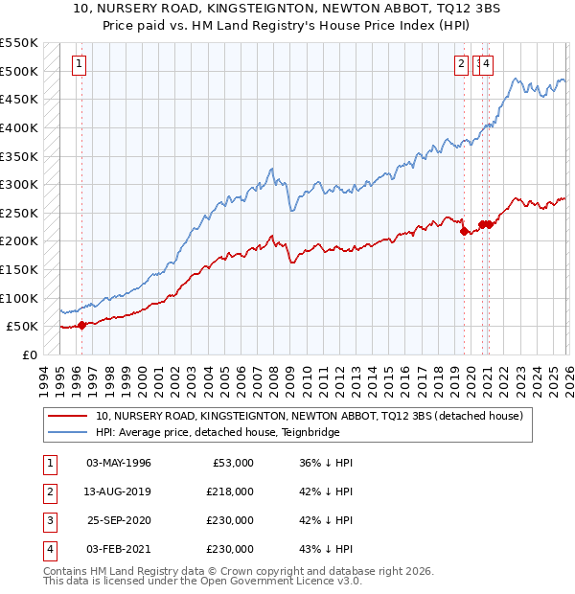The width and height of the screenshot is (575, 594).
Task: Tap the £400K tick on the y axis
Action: point(18,127)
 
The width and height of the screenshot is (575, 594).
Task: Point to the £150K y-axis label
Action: point(18,269)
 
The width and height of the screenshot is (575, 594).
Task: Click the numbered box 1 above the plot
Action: point(78,64)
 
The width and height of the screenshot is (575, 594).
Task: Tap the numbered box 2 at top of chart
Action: point(461,64)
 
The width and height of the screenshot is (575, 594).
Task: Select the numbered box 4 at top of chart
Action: point(487,64)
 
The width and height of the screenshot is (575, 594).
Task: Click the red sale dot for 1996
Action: point(81,325)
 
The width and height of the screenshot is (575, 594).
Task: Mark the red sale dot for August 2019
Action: point(464,231)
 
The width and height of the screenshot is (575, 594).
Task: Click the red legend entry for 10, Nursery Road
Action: point(309,417)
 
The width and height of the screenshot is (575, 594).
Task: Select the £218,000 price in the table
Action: point(230,491)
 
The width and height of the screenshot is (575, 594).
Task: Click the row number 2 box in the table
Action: point(49,491)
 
